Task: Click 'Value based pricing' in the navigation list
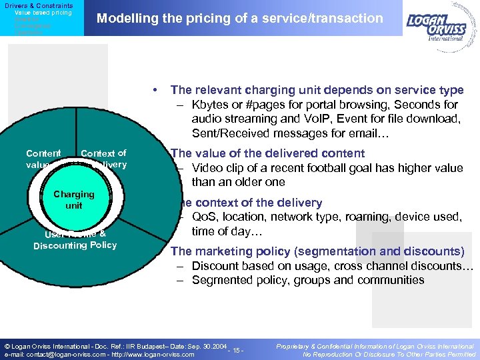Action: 43,13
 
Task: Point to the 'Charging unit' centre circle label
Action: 74,200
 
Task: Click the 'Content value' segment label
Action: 43,159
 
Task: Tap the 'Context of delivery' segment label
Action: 103,159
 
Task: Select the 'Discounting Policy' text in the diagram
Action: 75,245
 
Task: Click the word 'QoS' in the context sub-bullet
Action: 204,217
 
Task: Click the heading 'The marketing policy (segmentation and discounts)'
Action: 317,251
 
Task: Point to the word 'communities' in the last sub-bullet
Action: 394,280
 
